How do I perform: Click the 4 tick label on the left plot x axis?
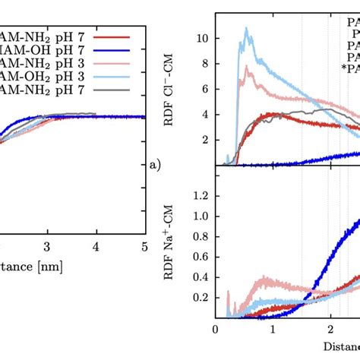pyautogui.click(x=96, y=247)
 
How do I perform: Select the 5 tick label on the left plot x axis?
pyautogui.click(x=144, y=247)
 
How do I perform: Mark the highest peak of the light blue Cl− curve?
pyautogui.click(x=245, y=29)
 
